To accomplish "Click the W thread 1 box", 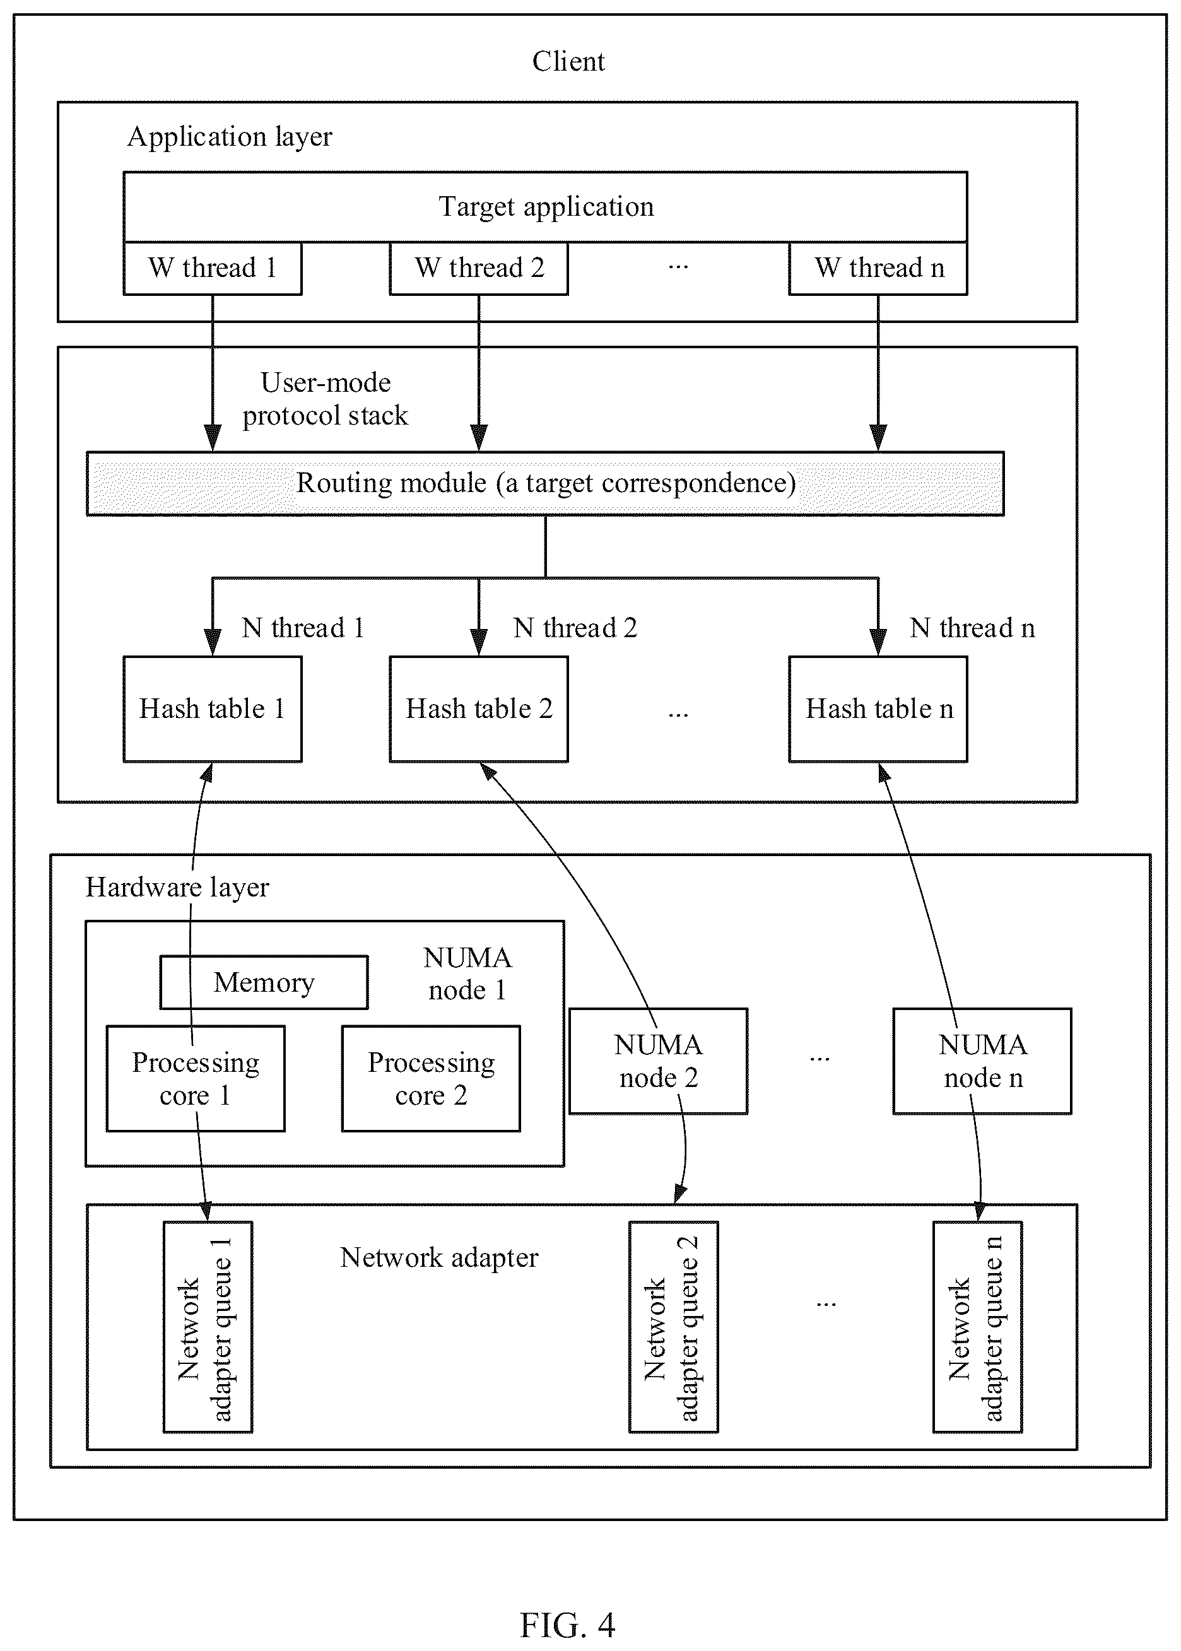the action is tap(213, 268).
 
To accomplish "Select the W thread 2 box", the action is tap(478, 268).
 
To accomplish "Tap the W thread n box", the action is tap(878, 268).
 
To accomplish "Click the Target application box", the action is tap(546, 207).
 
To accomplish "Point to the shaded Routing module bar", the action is tap(546, 483).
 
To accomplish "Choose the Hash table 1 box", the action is tap(213, 709).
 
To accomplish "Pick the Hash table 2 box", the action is tap(478, 709).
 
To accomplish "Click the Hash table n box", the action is tap(878, 709).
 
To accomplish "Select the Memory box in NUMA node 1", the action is tap(264, 982).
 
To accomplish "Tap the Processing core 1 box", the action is tap(196, 1078).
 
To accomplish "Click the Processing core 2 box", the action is tap(432, 1078).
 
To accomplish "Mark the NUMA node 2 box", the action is tap(658, 1061).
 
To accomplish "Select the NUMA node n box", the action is tap(982, 1061).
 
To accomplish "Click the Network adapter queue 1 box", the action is tap(208, 1327).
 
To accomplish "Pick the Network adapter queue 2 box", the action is tap(673, 1327).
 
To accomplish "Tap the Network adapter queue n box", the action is tap(977, 1327).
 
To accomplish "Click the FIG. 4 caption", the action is tap(568, 1625).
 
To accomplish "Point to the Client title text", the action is tap(568, 61).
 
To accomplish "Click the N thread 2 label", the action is tap(575, 627).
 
